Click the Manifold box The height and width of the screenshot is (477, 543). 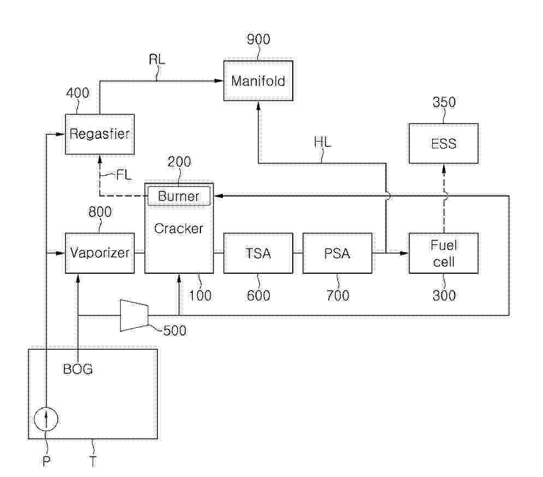(x=258, y=81)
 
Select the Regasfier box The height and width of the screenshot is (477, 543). (x=99, y=134)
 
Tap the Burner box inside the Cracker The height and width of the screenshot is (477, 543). (x=179, y=196)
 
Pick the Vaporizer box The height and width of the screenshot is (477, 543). (x=99, y=253)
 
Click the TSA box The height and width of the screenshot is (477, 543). (x=258, y=253)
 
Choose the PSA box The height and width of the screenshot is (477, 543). (x=338, y=253)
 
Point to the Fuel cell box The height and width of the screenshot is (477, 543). (x=443, y=253)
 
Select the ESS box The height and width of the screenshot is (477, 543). (x=443, y=144)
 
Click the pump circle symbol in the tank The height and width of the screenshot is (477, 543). (x=46, y=419)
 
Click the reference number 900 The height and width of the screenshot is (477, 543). (x=258, y=40)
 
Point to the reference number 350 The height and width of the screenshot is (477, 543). (x=444, y=102)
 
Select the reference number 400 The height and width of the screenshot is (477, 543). (x=78, y=93)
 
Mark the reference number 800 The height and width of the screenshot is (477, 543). (x=99, y=213)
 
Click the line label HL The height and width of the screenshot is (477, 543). (x=322, y=143)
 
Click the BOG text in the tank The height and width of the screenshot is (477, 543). (x=78, y=369)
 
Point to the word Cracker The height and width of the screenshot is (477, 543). (x=179, y=228)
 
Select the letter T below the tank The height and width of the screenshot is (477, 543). (x=93, y=462)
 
